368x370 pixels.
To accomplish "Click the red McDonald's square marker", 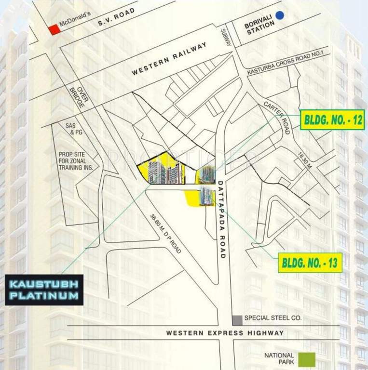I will [54, 29].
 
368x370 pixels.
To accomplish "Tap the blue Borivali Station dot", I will [280, 15].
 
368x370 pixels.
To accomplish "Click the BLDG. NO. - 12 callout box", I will [332, 120].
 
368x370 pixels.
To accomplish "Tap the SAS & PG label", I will [71, 128].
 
